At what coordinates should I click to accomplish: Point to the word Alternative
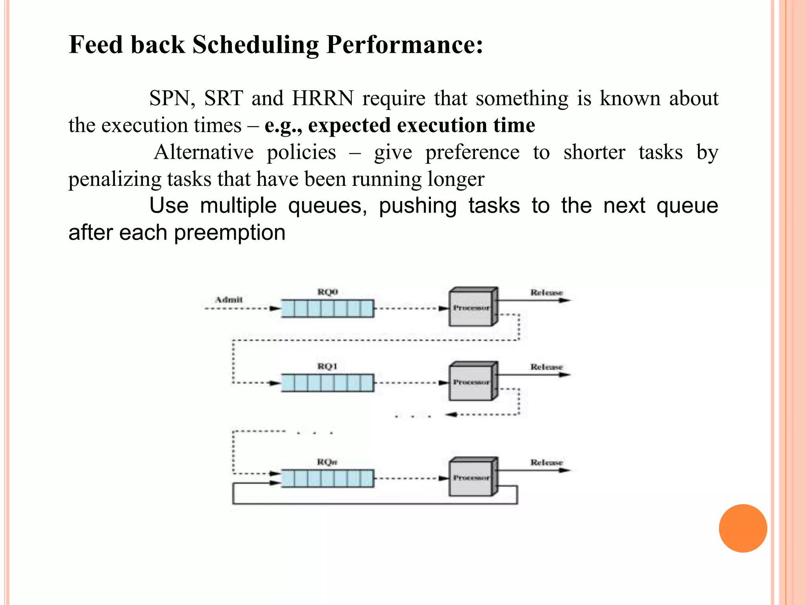[x=203, y=152]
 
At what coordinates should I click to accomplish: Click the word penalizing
[x=115, y=179]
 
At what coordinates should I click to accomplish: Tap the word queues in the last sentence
[x=327, y=206]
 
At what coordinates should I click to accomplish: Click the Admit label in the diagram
[x=229, y=300]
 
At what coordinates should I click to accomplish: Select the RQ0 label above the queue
[x=327, y=292]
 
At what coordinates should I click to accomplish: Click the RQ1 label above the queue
[x=327, y=366]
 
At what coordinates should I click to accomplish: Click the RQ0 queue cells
[x=327, y=308]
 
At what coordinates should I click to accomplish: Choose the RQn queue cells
[x=327, y=478]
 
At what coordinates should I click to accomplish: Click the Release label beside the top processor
[x=546, y=293]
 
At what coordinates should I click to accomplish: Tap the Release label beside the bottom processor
[x=546, y=462]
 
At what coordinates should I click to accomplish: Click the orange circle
[x=743, y=528]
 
